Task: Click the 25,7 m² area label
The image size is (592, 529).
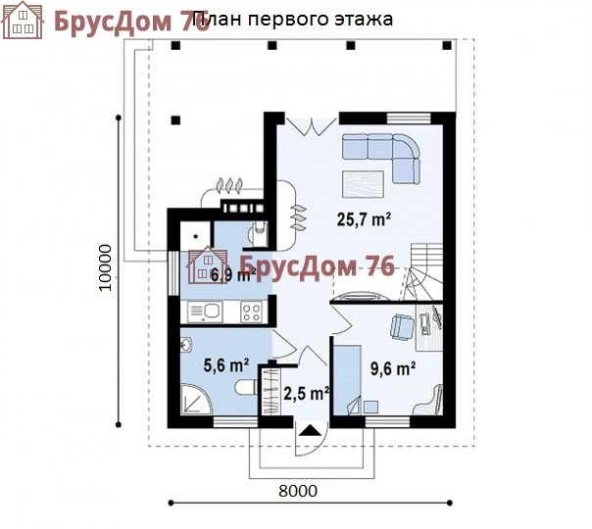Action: [364, 220]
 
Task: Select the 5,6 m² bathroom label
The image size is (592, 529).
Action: [225, 365]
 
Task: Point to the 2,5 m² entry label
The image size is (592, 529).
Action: [306, 394]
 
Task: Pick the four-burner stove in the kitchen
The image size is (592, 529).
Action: [251, 313]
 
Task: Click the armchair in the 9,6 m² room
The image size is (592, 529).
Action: [400, 327]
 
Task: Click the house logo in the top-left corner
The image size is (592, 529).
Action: [25, 21]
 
